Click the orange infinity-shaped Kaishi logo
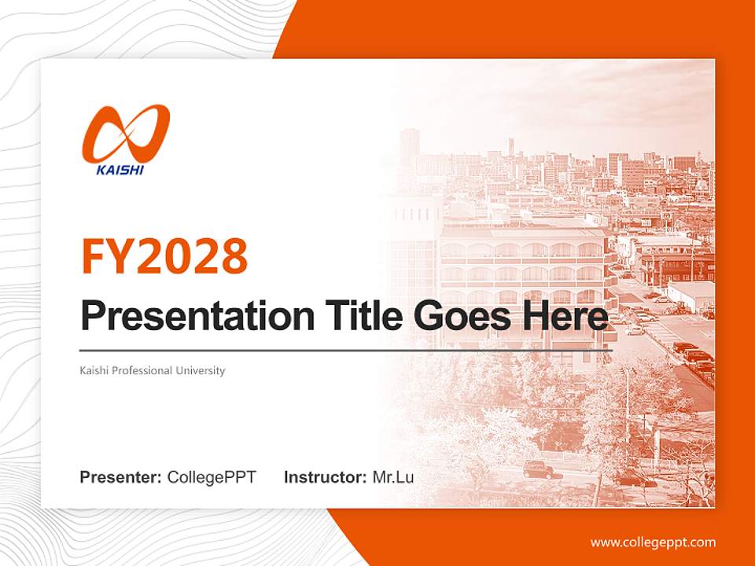[x=126, y=131]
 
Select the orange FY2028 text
[x=164, y=256]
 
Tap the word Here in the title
[x=565, y=316]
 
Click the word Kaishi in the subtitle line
[x=94, y=370]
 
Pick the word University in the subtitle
[x=201, y=370]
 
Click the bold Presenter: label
[x=121, y=477]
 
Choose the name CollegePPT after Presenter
[x=212, y=477]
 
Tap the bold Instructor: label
[x=325, y=477]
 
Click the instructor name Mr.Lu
[x=393, y=477]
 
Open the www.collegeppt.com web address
[x=653, y=542]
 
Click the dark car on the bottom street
[x=538, y=469]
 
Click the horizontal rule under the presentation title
[x=346, y=350]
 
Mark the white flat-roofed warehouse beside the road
[x=690, y=295]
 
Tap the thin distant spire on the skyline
[x=510, y=147]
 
